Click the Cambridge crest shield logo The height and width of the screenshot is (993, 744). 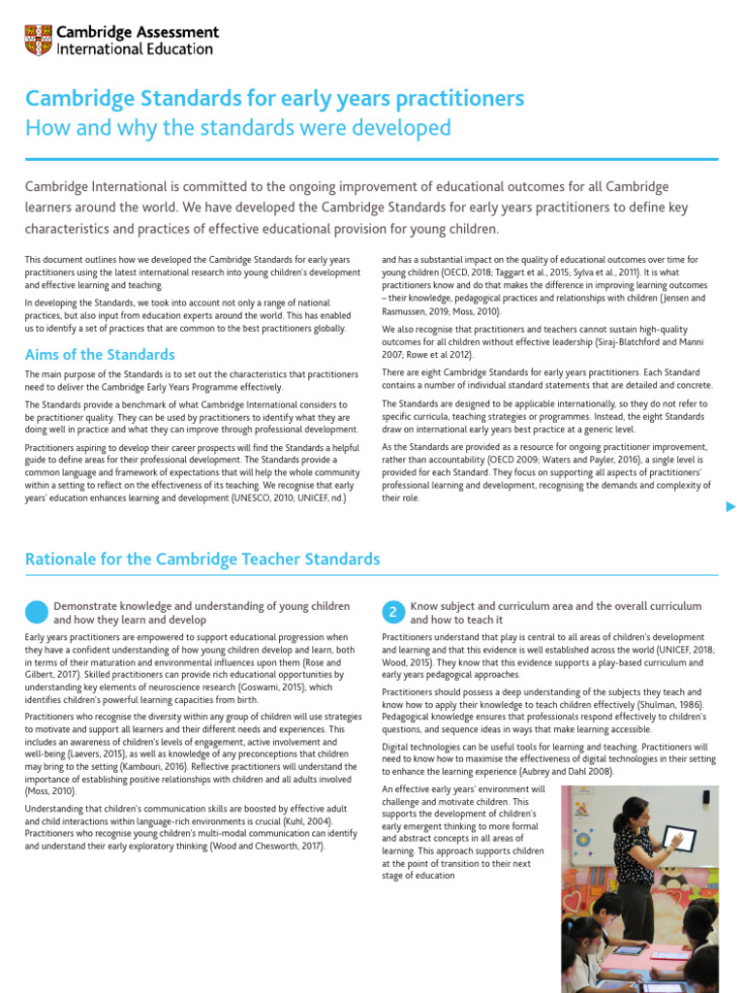click(x=39, y=40)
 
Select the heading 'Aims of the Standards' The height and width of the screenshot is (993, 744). click(x=100, y=354)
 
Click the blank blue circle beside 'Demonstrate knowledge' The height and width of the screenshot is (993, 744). click(x=36, y=612)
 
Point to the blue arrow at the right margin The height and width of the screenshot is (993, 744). click(x=731, y=506)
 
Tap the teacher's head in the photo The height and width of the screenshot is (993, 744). click(x=631, y=813)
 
